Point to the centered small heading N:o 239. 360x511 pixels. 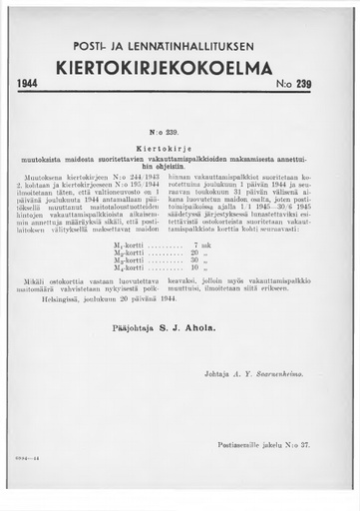coord(180,130)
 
